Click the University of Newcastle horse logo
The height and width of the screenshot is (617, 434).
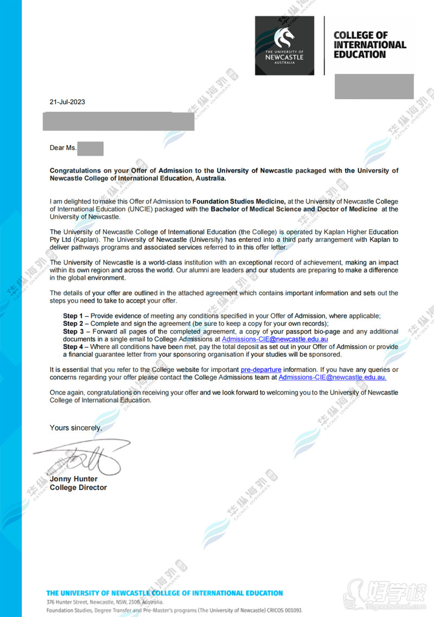[x=284, y=39]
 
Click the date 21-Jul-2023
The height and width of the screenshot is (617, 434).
[x=67, y=102]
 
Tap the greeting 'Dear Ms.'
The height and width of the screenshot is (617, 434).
[x=63, y=147]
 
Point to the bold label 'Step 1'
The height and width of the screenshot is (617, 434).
[x=73, y=316]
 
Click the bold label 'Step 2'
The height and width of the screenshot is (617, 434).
[x=73, y=324]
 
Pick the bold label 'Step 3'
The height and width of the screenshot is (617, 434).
[x=73, y=331]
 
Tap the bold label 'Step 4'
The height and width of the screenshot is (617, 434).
[x=73, y=347]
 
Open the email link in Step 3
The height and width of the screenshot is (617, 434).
[x=267, y=339]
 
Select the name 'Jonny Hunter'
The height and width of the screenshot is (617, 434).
[x=74, y=479]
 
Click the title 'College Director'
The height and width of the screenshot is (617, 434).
[x=78, y=487]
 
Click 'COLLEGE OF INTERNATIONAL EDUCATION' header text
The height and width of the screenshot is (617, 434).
[x=369, y=45]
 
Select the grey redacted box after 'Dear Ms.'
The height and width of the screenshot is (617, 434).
[x=90, y=148]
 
